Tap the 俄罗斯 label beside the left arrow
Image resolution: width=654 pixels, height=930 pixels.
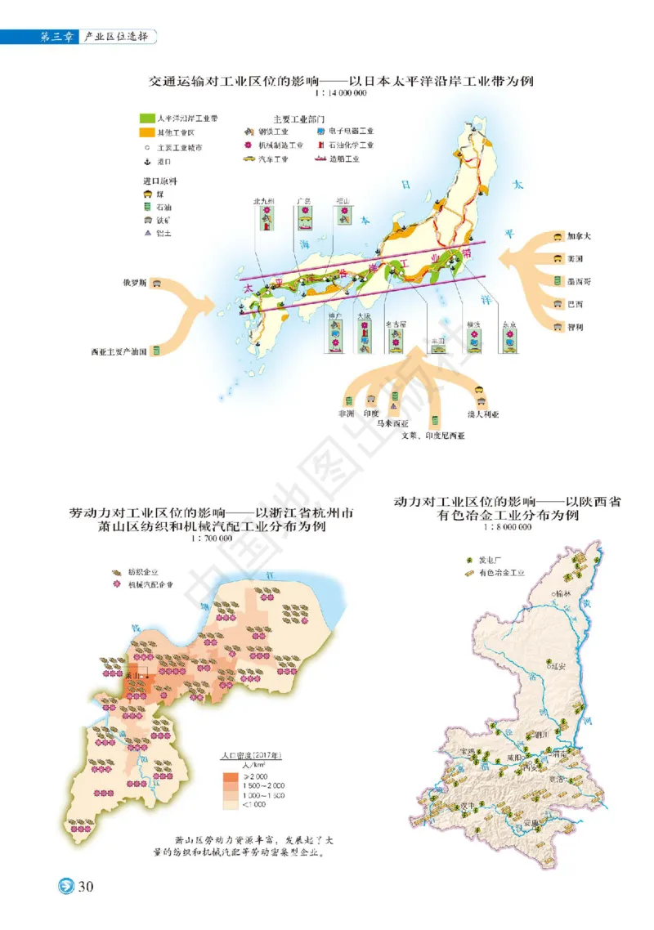click(133, 284)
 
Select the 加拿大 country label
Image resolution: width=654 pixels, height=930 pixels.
click(580, 236)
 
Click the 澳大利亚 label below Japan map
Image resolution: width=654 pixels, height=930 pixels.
click(483, 414)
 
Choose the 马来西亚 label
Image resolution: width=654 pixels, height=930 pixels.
click(392, 424)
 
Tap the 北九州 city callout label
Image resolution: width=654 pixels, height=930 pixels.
click(266, 200)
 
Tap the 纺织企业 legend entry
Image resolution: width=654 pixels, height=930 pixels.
click(142, 573)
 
